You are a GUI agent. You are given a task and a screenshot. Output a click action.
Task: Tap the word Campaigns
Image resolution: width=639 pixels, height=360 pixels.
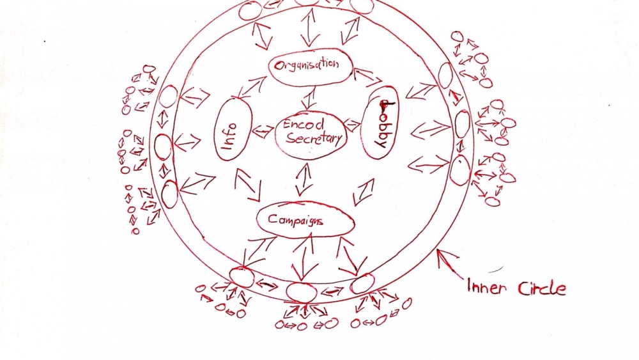295,220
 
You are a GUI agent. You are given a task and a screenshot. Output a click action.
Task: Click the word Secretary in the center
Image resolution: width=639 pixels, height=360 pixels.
314,139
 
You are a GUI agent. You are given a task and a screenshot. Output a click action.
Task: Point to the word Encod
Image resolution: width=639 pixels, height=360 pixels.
303,123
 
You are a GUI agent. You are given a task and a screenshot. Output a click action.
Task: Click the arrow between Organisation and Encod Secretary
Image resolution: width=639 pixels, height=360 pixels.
309,98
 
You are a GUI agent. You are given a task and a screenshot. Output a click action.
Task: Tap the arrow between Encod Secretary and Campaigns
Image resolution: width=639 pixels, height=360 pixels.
304,179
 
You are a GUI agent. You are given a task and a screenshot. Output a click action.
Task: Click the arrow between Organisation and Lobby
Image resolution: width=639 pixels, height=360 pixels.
368,78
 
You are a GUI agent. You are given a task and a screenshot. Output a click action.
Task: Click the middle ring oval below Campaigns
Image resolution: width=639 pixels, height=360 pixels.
302,292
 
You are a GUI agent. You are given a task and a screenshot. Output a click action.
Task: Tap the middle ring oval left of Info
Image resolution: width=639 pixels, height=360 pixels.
163,147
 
